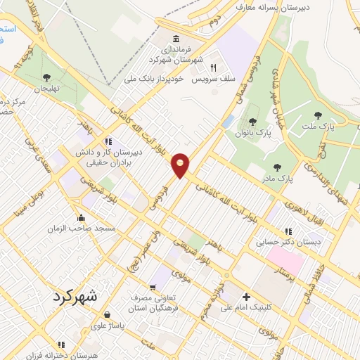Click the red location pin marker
tap(181, 165)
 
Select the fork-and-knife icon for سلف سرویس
tap(213, 67)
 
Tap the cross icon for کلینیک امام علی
tap(246, 296)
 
